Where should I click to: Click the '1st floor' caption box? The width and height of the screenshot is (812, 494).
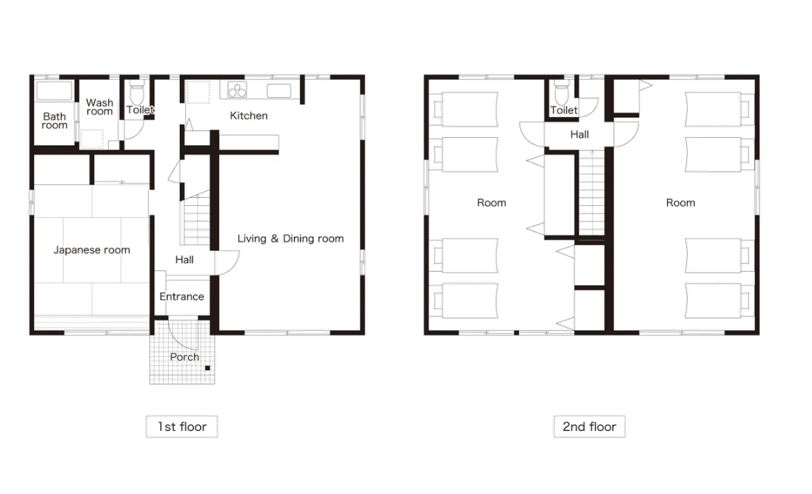click(x=182, y=427)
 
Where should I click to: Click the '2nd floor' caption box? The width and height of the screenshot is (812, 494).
click(x=589, y=427)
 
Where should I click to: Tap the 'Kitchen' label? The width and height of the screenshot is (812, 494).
click(x=249, y=116)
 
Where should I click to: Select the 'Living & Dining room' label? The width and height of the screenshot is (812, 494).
click(x=290, y=238)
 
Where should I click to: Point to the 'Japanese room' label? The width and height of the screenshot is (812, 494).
click(x=92, y=250)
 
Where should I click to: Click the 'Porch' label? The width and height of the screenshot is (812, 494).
click(x=184, y=357)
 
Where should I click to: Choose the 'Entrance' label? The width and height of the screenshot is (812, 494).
click(x=182, y=296)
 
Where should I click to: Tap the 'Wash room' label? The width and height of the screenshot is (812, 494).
click(x=99, y=107)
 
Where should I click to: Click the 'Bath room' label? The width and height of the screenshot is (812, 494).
click(x=54, y=121)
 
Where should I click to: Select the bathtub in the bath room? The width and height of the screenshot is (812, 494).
click(x=54, y=90)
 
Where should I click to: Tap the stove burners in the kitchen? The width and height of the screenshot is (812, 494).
click(x=237, y=90)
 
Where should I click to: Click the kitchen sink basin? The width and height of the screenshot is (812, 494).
click(x=278, y=90)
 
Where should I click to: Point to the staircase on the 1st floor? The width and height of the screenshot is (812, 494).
click(x=195, y=218)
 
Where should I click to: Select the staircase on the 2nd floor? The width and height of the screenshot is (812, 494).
click(x=591, y=193)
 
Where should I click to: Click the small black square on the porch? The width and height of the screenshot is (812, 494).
click(x=207, y=368)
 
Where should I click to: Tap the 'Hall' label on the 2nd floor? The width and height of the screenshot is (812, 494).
click(x=580, y=134)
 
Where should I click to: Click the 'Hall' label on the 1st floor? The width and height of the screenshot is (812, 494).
click(x=184, y=260)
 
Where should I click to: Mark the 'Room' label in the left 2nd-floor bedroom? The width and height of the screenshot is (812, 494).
click(x=491, y=203)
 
